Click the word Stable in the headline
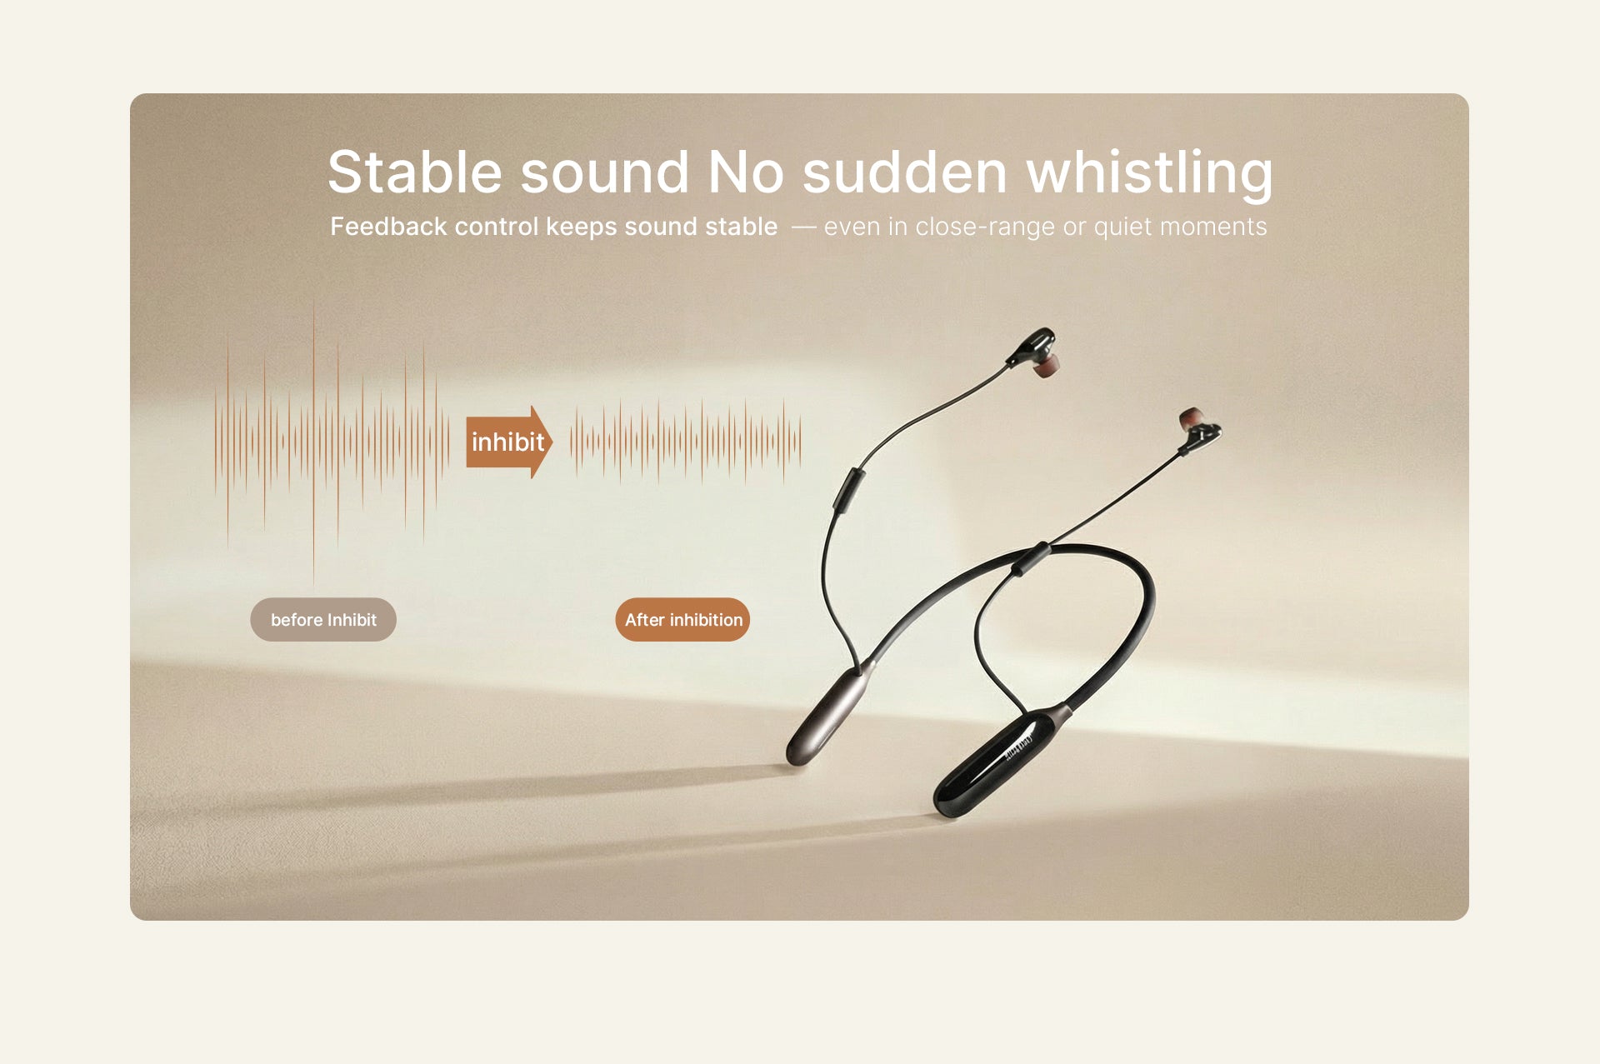pyautogui.click(x=414, y=172)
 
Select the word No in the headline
pyautogui.click(x=746, y=172)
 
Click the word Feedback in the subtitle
pyautogui.click(x=388, y=226)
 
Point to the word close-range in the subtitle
pyautogui.click(x=985, y=227)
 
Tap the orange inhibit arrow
pyautogui.click(x=508, y=442)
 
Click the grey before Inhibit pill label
pyautogui.click(x=323, y=619)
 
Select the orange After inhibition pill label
pyautogui.click(x=682, y=619)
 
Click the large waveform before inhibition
pyautogui.click(x=332, y=442)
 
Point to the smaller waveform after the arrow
pyautogui.click(x=685, y=442)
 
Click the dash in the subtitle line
pyautogui.click(x=803, y=227)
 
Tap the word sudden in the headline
pyautogui.click(x=905, y=172)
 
